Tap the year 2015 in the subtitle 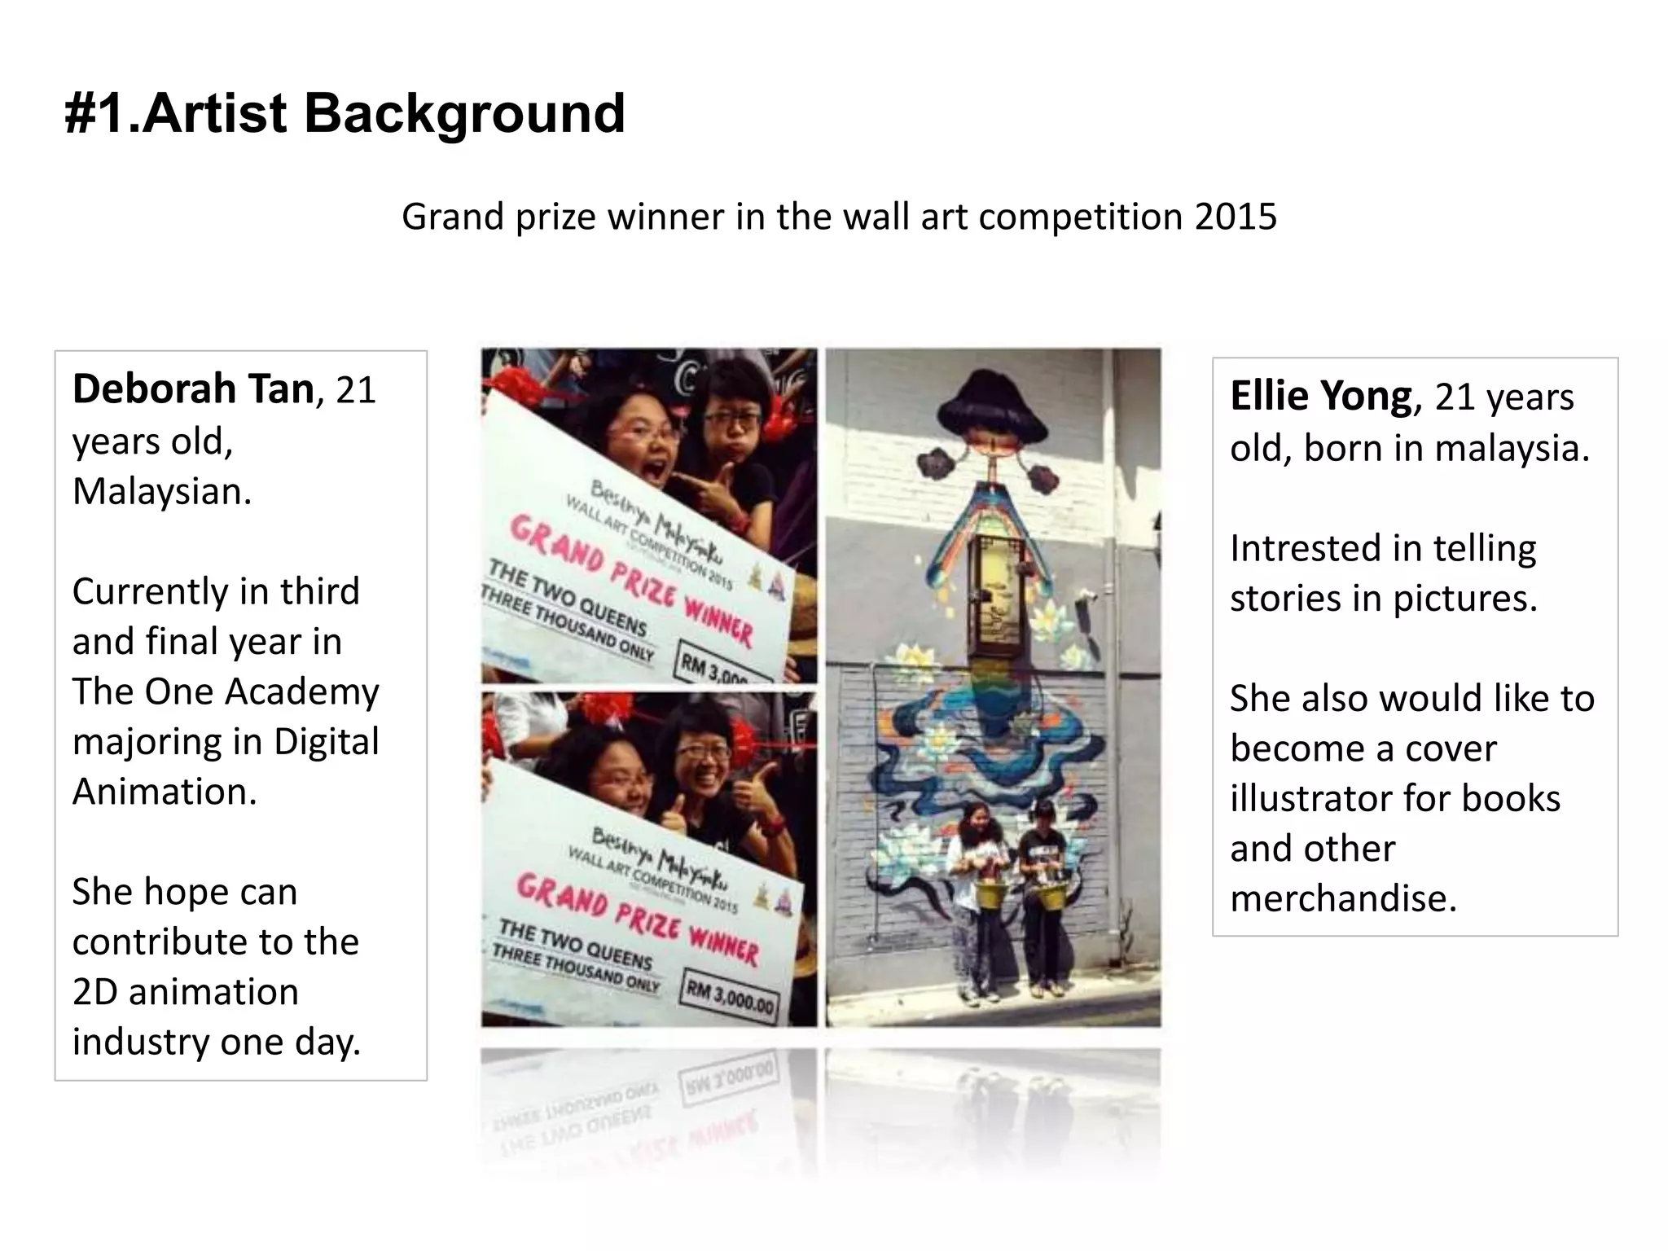pos(1236,217)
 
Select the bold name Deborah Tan pos(193,388)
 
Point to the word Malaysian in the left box pos(161,491)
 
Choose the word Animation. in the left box pos(165,792)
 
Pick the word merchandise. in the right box pos(1343,898)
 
